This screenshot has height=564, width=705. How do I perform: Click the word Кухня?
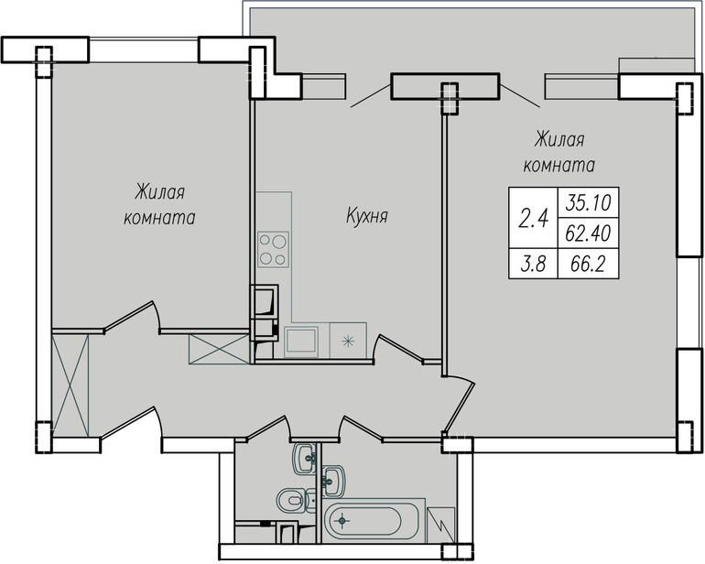[367, 216]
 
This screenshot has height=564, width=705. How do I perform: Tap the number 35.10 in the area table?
[588, 203]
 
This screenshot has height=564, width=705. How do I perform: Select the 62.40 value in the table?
[588, 233]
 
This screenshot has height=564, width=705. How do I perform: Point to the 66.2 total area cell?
[587, 264]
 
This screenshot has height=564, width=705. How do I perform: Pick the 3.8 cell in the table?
[533, 264]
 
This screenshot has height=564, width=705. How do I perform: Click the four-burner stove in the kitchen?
[274, 250]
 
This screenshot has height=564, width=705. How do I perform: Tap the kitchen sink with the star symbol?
[348, 341]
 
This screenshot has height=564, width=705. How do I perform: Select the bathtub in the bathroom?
[374, 521]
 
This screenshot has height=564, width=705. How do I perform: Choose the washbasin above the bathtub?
[333, 482]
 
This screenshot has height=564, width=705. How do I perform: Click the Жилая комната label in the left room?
[159, 205]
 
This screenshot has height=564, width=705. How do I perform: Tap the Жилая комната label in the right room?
[559, 153]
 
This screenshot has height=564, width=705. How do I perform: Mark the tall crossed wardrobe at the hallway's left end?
[70, 385]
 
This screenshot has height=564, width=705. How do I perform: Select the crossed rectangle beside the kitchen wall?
[220, 349]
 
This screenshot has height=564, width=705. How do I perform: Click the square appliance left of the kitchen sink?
[301, 342]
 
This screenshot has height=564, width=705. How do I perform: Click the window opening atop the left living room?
[144, 49]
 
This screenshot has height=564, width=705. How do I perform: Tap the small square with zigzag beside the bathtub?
[440, 525]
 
